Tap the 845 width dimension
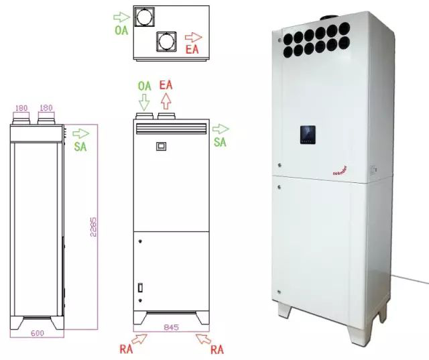coord(174,328)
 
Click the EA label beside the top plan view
coord(192,49)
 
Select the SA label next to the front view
coord(220,142)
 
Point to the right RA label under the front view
coord(217,349)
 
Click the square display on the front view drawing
coord(160,145)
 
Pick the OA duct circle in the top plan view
coord(142,17)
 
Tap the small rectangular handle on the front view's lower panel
coord(139,288)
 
